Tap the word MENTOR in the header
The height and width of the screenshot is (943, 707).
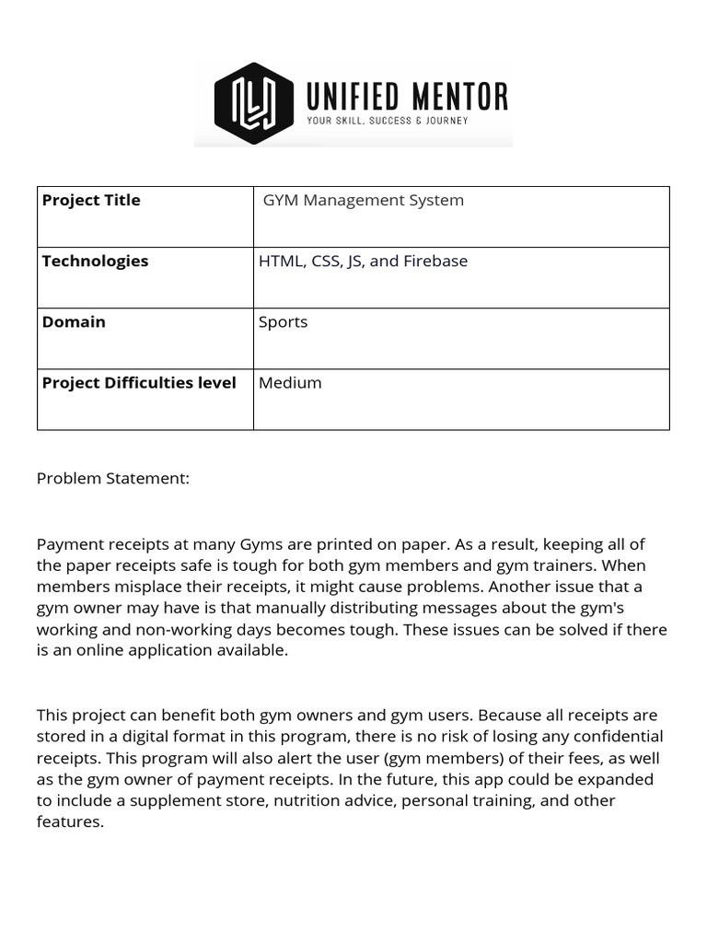tap(461, 96)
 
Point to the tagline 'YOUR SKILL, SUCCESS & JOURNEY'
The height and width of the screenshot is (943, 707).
tap(387, 121)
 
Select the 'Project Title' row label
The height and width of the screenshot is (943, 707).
tap(91, 200)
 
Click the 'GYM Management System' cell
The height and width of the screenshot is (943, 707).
tap(364, 200)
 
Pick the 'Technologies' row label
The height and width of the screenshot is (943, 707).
tap(95, 261)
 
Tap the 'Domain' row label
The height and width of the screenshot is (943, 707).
tap(74, 321)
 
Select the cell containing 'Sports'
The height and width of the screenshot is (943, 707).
tap(284, 321)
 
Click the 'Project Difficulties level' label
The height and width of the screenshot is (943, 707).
tap(139, 382)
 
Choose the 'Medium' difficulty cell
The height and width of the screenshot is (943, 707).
tap(290, 382)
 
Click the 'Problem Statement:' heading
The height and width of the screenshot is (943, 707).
tap(113, 478)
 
